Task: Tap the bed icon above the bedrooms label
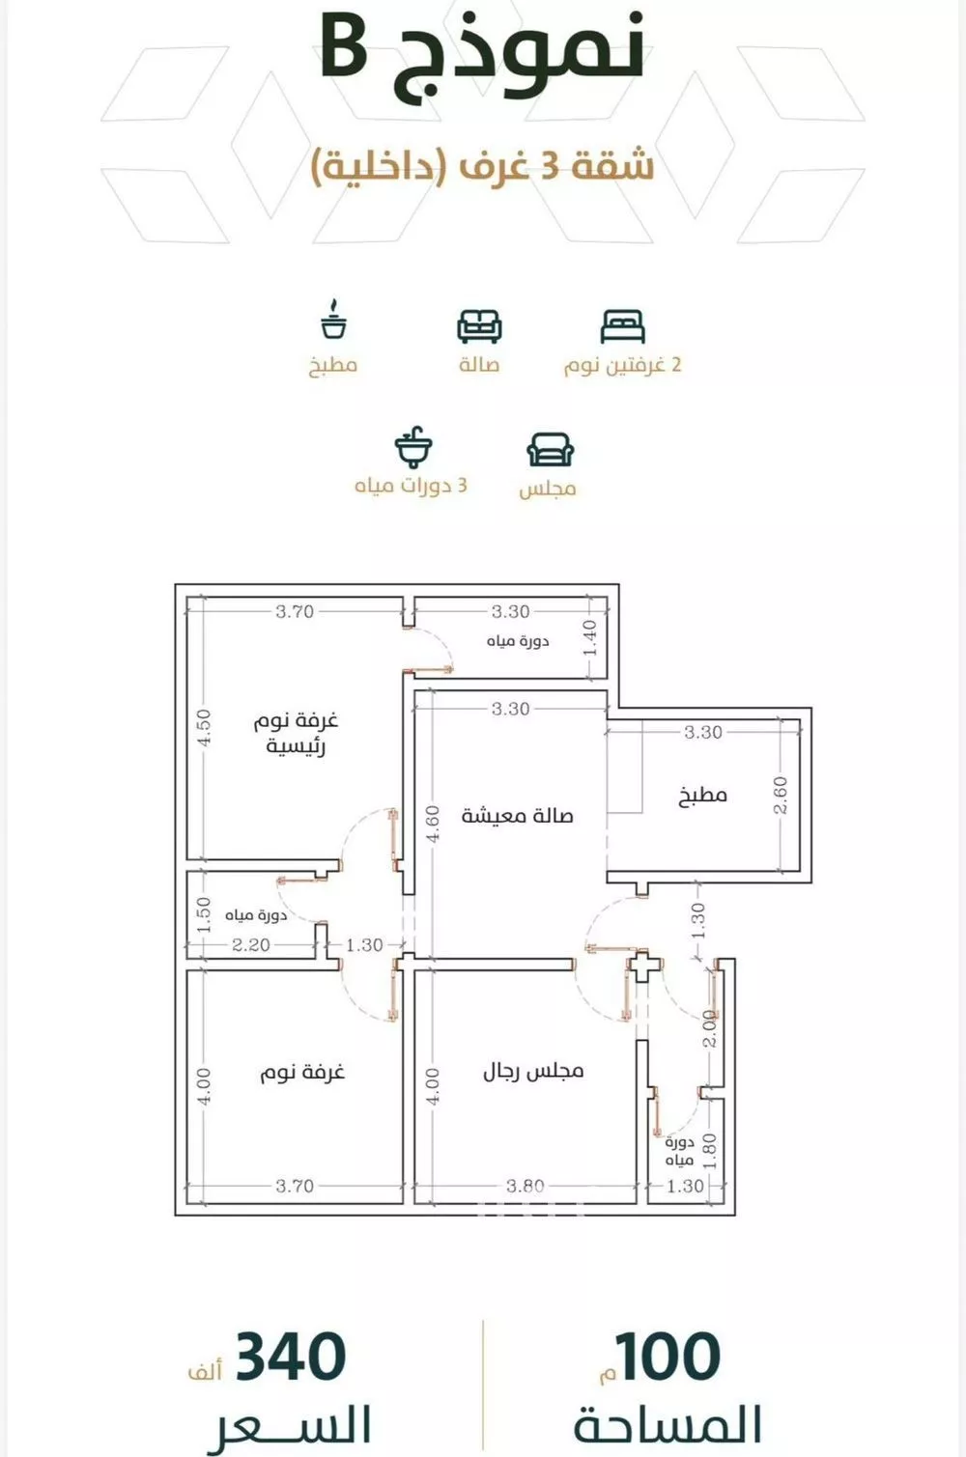pyautogui.click(x=622, y=326)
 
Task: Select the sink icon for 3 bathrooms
pyautogui.click(x=413, y=447)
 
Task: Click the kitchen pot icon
pyautogui.click(x=333, y=320)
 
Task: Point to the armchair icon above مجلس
pyautogui.click(x=550, y=449)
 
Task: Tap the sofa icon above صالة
pyautogui.click(x=479, y=326)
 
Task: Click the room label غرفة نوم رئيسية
pyautogui.click(x=297, y=733)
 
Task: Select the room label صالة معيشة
pyautogui.click(x=517, y=816)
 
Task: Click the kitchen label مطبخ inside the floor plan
pyautogui.click(x=703, y=796)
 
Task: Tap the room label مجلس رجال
pyautogui.click(x=533, y=1071)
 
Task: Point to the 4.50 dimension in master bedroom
pyautogui.click(x=204, y=728)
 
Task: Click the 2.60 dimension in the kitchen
pyautogui.click(x=781, y=795)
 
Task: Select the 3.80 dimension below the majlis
pyautogui.click(x=526, y=1186)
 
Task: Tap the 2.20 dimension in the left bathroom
pyautogui.click(x=250, y=944)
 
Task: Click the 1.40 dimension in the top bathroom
pyautogui.click(x=590, y=638)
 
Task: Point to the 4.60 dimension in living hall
pyautogui.click(x=433, y=824)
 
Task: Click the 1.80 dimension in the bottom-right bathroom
pyautogui.click(x=710, y=1151)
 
